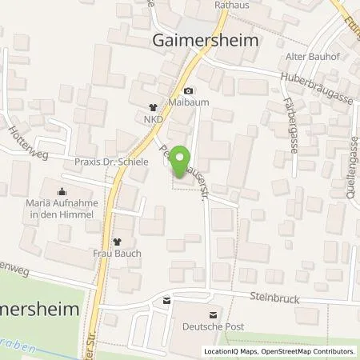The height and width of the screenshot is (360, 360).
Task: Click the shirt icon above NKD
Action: click(x=154, y=107)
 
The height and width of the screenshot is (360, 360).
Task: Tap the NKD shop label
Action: click(x=154, y=119)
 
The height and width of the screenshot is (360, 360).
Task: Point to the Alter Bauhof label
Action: click(x=308, y=57)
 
